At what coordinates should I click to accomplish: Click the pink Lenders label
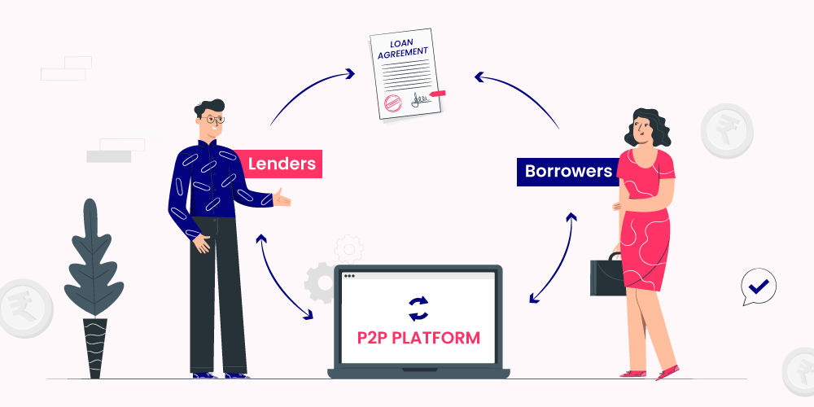tap(282, 164)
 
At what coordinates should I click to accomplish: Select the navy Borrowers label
tap(567, 172)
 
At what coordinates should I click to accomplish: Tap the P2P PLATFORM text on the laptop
tap(418, 337)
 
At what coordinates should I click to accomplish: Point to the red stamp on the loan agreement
tap(391, 102)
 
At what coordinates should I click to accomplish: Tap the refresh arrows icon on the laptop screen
tap(418, 307)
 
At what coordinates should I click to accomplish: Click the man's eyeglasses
tap(214, 119)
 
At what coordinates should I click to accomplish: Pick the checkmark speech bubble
tap(759, 287)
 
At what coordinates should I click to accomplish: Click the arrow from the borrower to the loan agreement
tap(521, 94)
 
